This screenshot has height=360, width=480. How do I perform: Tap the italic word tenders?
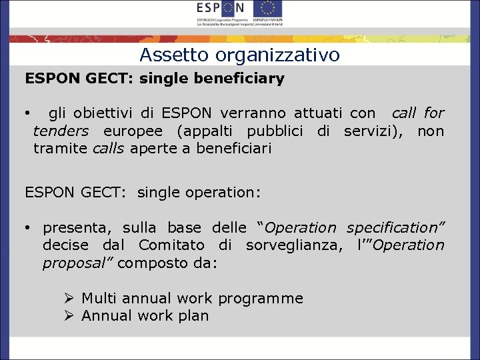61,131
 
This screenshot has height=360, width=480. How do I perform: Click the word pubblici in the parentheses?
275,131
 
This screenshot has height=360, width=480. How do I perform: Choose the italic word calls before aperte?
108,148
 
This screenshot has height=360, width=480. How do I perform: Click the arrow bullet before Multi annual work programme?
69,298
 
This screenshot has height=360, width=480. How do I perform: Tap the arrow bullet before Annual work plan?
69,315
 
